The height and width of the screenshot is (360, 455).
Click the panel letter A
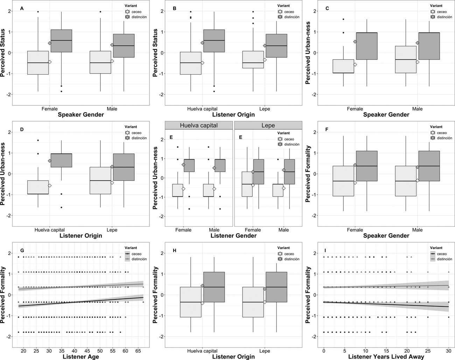click(x=22, y=8)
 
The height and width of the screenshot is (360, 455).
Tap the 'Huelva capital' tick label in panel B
click(x=202, y=109)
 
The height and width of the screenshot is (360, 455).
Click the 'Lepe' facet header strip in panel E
click(x=268, y=125)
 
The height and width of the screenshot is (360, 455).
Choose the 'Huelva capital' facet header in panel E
click(x=199, y=125)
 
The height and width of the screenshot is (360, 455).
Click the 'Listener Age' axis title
click(x=81, y=356)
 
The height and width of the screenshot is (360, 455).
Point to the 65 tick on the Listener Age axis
click(x=138, y=351)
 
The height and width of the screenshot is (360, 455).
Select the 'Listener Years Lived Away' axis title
click(x=386, y=356)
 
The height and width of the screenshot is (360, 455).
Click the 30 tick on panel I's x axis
click(x=449, y=351)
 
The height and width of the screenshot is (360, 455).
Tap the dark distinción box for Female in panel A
click(x=61, y=41)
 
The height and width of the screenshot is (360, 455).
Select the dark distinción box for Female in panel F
click(x=367, y=166)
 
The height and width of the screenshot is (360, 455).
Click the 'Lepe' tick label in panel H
click(x=264, y=351)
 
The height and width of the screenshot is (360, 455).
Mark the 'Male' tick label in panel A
click(x=112, y=109)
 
